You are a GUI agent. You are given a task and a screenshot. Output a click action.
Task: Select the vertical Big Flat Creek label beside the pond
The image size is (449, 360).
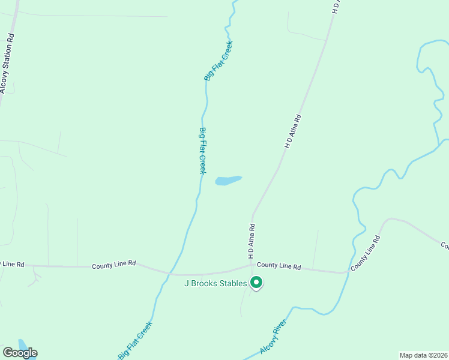[x=203, y=151]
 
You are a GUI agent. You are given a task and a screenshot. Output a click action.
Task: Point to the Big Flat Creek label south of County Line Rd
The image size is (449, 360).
[x=135, y=340]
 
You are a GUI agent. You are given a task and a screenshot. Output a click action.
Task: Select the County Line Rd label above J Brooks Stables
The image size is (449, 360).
[x=279, y=265]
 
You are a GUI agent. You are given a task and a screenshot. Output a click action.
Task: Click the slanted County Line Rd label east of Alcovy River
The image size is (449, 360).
[x=366, y=252]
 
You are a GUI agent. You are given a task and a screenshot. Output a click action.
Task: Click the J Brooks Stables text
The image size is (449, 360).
[x=215, y=283]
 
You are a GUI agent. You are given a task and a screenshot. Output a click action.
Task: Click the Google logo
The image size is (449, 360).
[x=20, y=353]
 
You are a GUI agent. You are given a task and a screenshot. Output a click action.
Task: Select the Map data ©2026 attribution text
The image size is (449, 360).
[x=423, y=355]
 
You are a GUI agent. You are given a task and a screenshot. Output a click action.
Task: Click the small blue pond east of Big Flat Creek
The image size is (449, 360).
[x=228, y=180]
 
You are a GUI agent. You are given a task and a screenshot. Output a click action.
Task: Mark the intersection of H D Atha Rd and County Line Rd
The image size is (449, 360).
[x=252, y=264]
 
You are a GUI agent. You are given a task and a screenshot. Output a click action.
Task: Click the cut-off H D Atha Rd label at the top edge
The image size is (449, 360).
[x=336, y=6]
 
